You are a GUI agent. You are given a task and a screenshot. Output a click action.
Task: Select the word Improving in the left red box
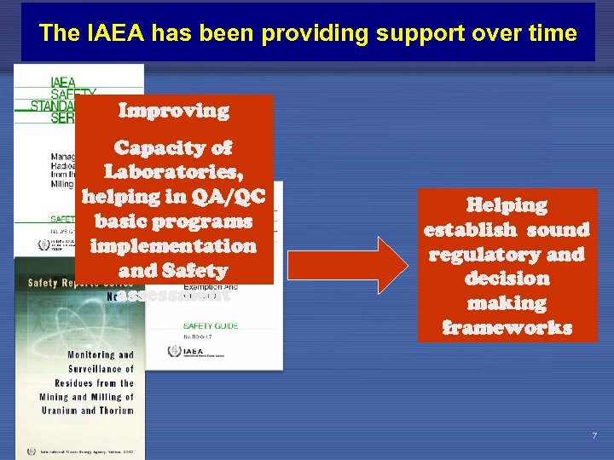tap(174, 111)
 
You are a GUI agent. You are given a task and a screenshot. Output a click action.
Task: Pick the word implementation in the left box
tap(173, 246)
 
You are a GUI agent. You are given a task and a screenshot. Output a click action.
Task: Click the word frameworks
tap(507, 328)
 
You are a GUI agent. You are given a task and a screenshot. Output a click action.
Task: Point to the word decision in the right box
tap(507, 279)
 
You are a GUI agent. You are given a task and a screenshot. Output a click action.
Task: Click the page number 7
tap(594, 436)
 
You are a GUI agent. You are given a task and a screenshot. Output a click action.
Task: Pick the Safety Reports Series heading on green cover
tap(80, 282)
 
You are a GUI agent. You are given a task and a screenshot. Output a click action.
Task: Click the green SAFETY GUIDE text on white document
tap(211, 325)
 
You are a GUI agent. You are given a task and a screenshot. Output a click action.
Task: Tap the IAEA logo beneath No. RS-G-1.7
tap(176, 351)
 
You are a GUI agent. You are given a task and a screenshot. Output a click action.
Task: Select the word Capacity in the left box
tap(174, 147)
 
